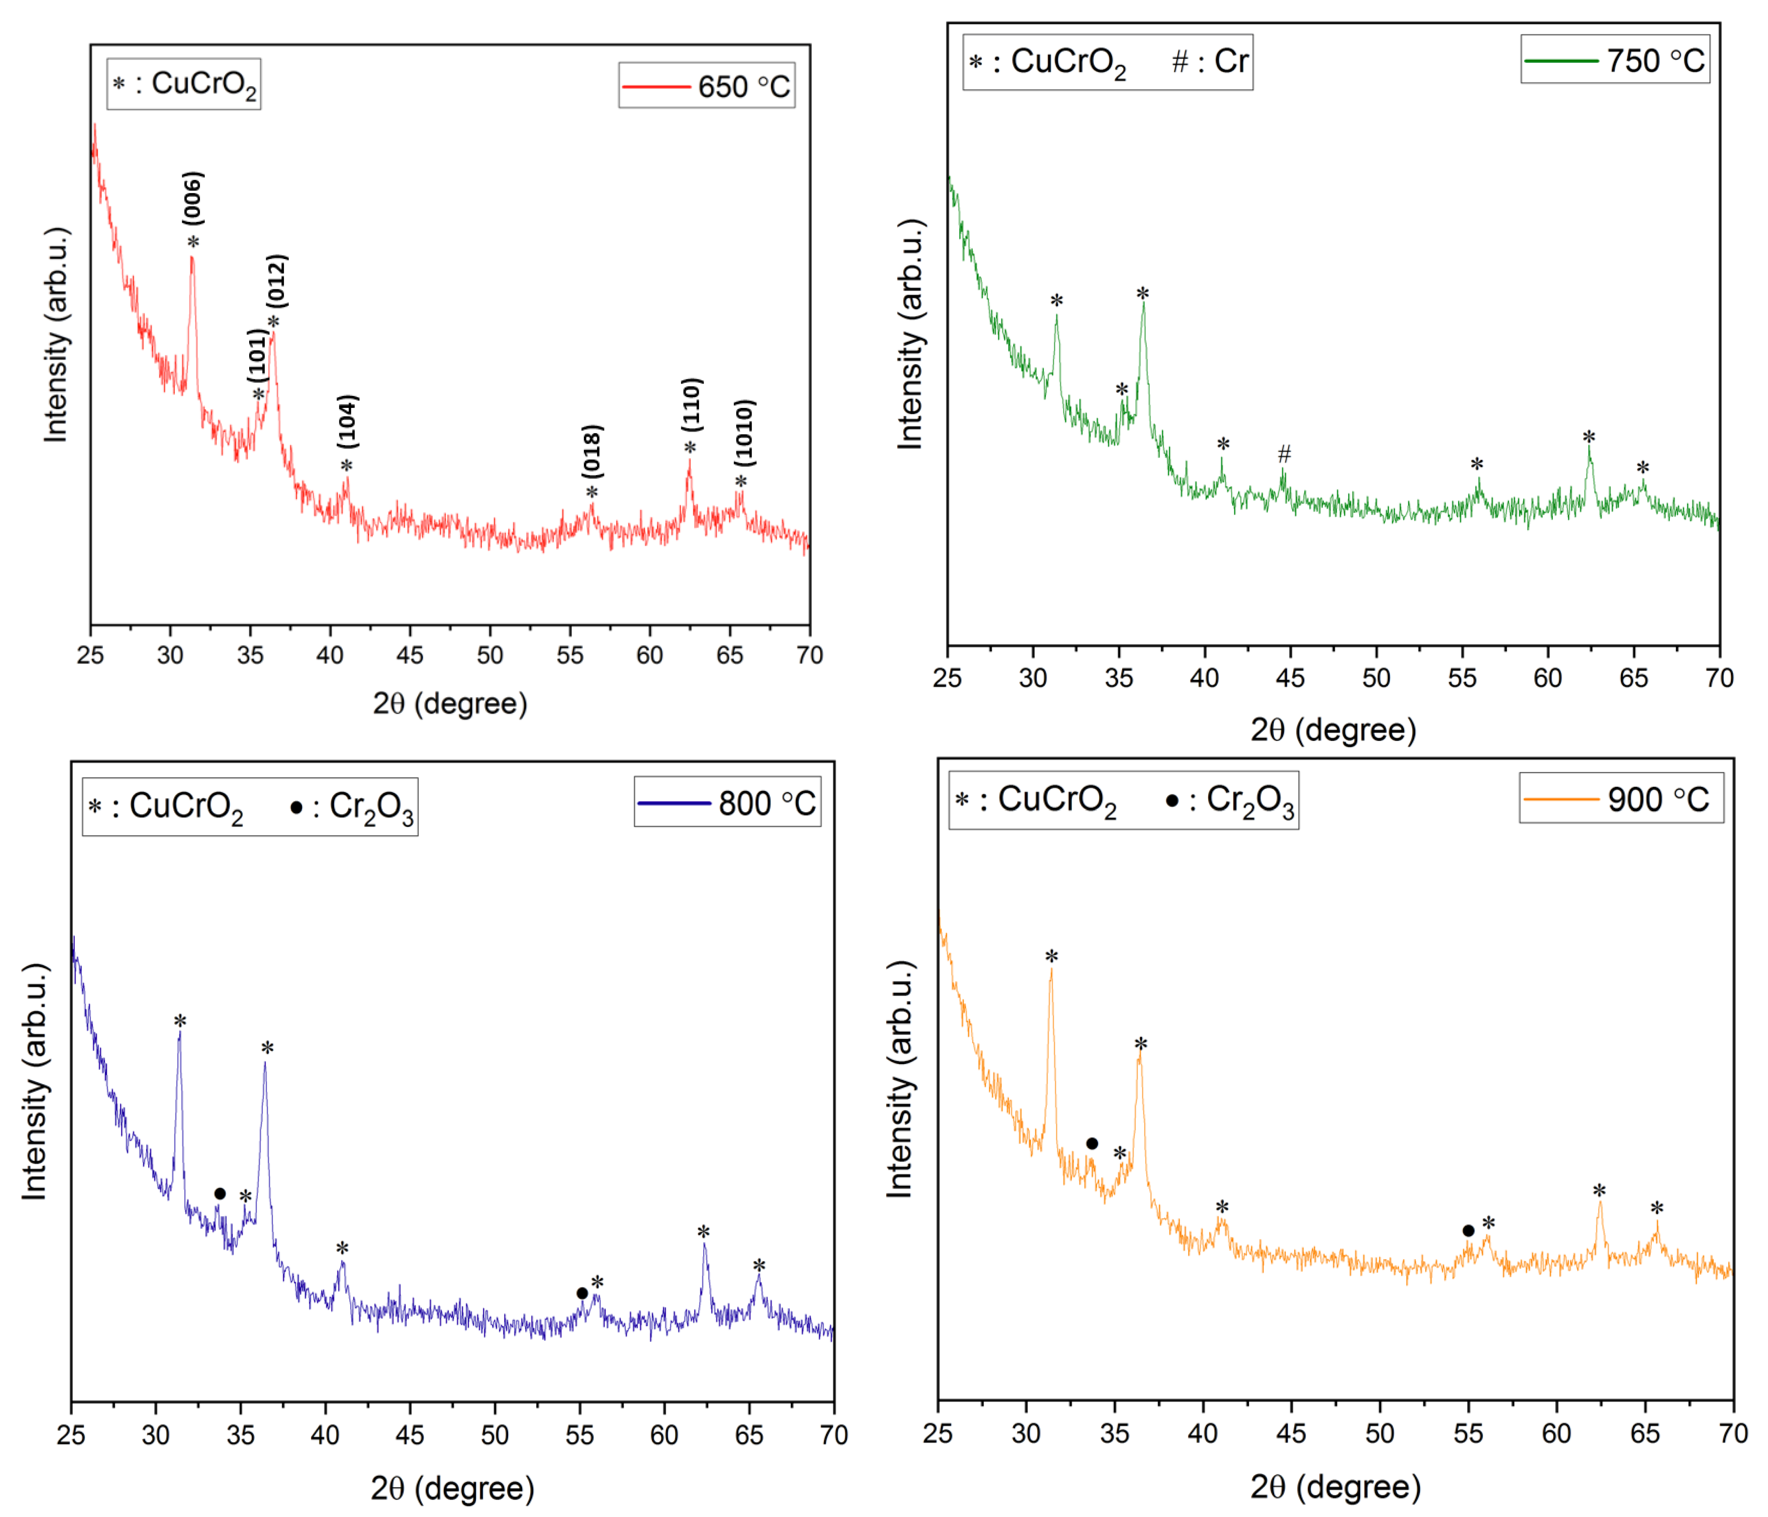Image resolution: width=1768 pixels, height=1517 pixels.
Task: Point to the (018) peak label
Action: coord(592,450)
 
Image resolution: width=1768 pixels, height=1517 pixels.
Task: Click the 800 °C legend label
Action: coord(727,803)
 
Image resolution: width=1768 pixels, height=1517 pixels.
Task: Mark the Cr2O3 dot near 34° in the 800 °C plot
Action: coord(220,1193)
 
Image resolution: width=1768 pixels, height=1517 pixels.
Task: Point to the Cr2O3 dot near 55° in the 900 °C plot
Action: coord(1468,1230)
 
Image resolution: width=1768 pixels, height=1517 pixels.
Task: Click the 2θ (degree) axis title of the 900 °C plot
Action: coord(1335,1486)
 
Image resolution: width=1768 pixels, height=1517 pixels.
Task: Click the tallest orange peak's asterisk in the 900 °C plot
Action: coord(1051,957)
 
